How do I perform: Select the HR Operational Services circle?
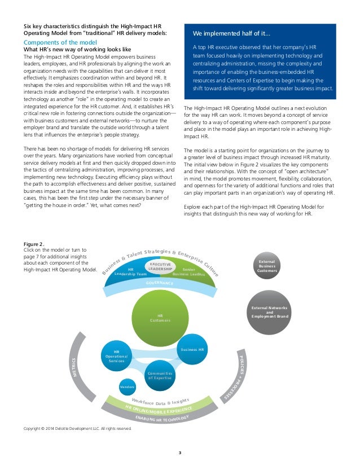point(116,357)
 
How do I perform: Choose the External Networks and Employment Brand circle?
point(269,311)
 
